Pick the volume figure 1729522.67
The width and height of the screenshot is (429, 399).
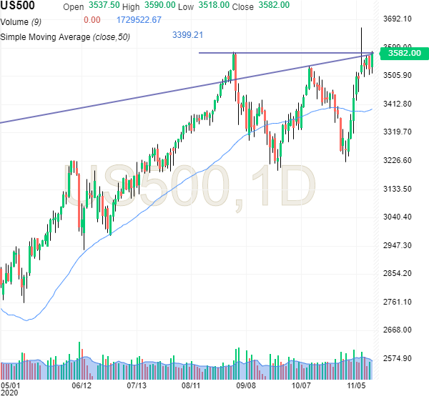click(x=137, y=20)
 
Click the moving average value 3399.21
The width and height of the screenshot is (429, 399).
click(x=188, y=34)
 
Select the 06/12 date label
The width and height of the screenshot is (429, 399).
click(x=83, y=384)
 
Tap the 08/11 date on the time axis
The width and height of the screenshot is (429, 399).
click(x=191, y=384)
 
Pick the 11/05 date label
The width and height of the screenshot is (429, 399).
click(x=357, y=384)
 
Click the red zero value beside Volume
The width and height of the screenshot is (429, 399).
click(x=92, y=20)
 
